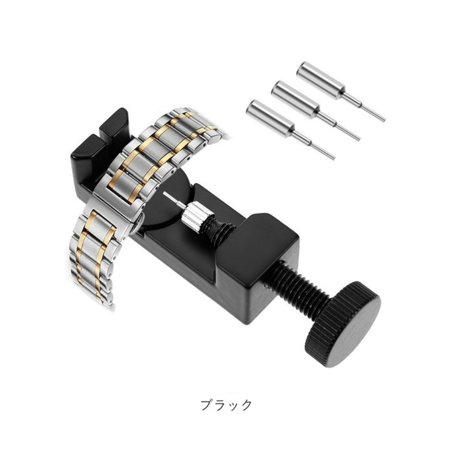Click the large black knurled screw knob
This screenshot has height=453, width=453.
click(343, 324)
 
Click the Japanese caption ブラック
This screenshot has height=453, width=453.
click(226, 405)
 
